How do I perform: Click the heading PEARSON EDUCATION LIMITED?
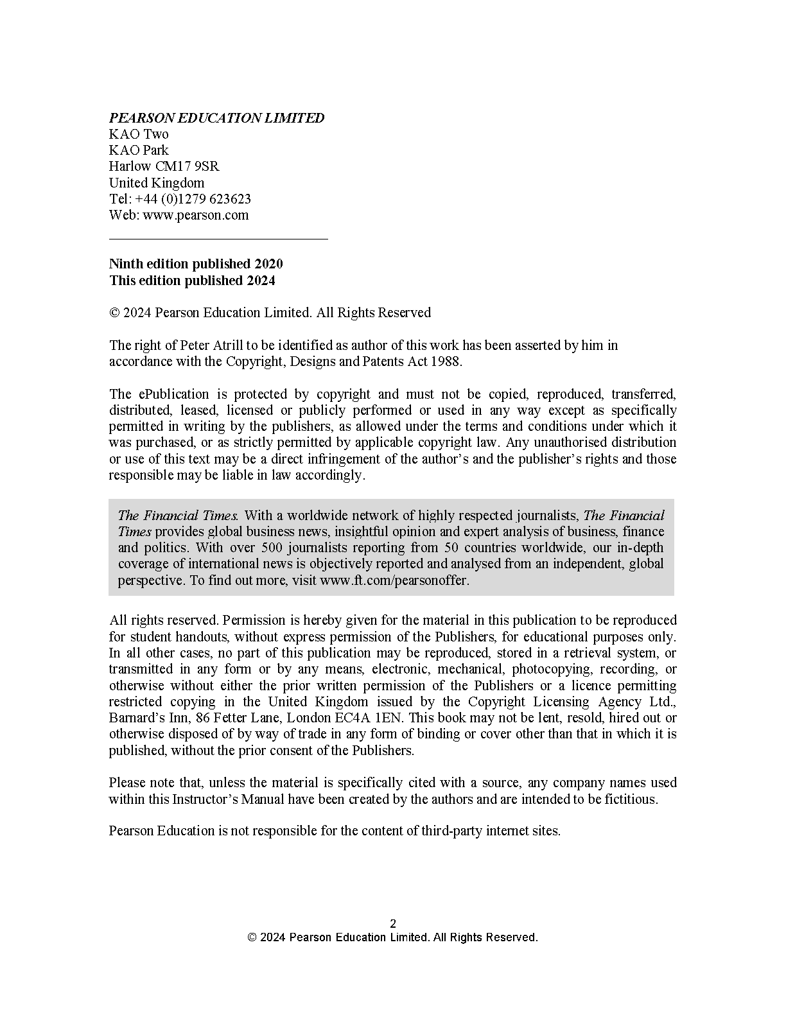(216, 118)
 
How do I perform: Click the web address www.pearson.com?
(195, 215)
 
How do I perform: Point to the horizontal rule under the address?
(218, 239)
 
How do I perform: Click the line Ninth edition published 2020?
(196, 264)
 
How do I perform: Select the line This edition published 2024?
(192, 281)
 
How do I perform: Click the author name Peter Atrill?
(213, 345)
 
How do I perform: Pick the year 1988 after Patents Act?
(447, 361)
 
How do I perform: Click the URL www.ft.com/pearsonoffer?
(394, 580)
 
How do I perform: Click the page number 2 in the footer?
(393, 925)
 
